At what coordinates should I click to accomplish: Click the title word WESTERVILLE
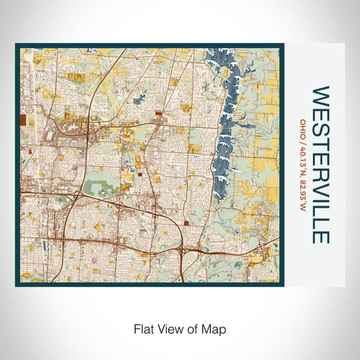pyautogui.click(x=320, y=165)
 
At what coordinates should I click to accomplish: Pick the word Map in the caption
pyautogui.click(x=215, y=328)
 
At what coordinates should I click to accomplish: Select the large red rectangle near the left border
pyautogui.click(x=22, y=120)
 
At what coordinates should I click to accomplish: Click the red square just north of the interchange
pyautogui.click(x=186, y=222)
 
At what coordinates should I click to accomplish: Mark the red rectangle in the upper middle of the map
pyautogui.click(x=157, y=112)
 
